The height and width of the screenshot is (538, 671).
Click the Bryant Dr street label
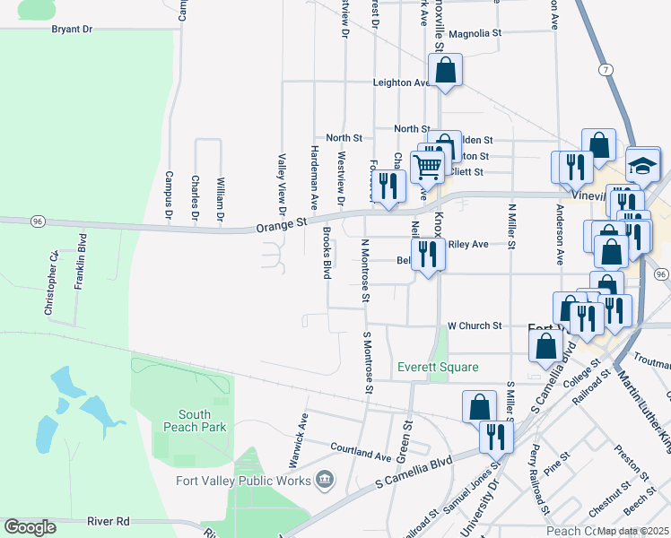(72, 29)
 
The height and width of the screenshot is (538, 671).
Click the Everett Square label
(439, 367)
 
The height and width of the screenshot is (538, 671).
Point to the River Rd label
(109, 520)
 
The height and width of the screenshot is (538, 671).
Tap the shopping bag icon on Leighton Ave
(445, 71)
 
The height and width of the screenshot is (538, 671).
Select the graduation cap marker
(642, 164)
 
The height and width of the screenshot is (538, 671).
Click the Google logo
(30, 527)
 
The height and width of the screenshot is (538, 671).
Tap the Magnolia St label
(475, 34)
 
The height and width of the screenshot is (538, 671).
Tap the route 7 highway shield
(607, 69)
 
